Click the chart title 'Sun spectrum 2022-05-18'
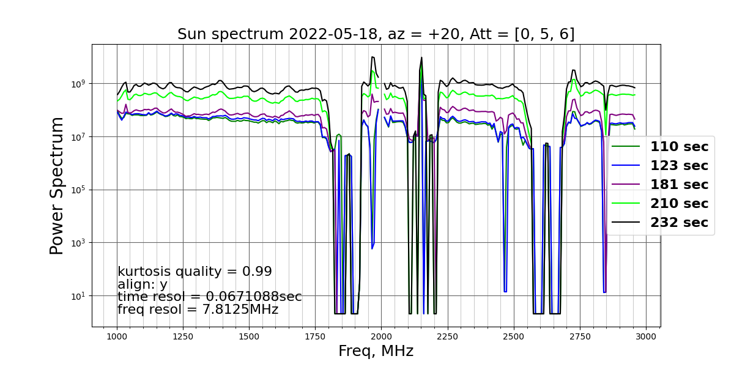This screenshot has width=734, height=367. [280, 34]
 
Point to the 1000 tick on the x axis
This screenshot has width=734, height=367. [117, 337]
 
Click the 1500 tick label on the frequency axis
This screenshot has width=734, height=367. [249, 337]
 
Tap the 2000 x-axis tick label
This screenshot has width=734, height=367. [382, 337]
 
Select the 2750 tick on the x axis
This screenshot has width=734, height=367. [580, 337]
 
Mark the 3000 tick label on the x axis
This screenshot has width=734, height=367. [646, 337]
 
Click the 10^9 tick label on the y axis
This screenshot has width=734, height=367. [78, 84]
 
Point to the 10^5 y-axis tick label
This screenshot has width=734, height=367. [78, 190]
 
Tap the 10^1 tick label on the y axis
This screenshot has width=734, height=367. [78, 296]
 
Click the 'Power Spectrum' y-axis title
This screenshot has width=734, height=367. [56, 186]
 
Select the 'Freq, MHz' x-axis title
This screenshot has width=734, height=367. [376, 351]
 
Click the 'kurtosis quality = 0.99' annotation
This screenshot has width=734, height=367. [195, 272]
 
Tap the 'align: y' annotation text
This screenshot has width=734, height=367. [143, 284]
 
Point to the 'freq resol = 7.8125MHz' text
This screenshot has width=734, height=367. [198, 310]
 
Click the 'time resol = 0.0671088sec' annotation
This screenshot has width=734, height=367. [210, 297]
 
